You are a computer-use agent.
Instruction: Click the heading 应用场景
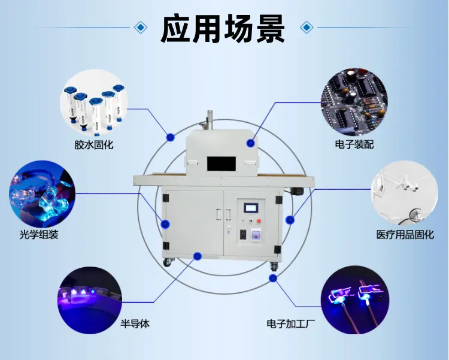click(223, 29)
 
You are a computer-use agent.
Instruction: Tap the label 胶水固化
click(94, 145)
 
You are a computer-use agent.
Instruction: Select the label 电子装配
click(354, 144)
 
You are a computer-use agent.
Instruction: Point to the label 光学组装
click(39, 234)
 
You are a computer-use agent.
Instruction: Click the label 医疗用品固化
click(405, 235)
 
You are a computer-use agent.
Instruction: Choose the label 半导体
click(135, 324)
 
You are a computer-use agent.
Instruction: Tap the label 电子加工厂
click(290, 324)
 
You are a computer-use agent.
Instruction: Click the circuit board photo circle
click(354, 102)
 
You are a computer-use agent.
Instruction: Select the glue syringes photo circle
click(94, 104)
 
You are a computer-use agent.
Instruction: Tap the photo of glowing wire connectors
click(354, 300)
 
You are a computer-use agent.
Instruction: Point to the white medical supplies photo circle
click(404, 194)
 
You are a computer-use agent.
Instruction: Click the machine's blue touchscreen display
click(251, 208)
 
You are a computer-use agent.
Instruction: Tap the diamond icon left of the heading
click(140, 27)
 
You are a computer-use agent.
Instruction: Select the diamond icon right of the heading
click(307, 27)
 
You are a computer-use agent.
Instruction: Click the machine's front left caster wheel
click(168, 262)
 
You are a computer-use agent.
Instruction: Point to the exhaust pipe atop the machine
click(210, 120)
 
